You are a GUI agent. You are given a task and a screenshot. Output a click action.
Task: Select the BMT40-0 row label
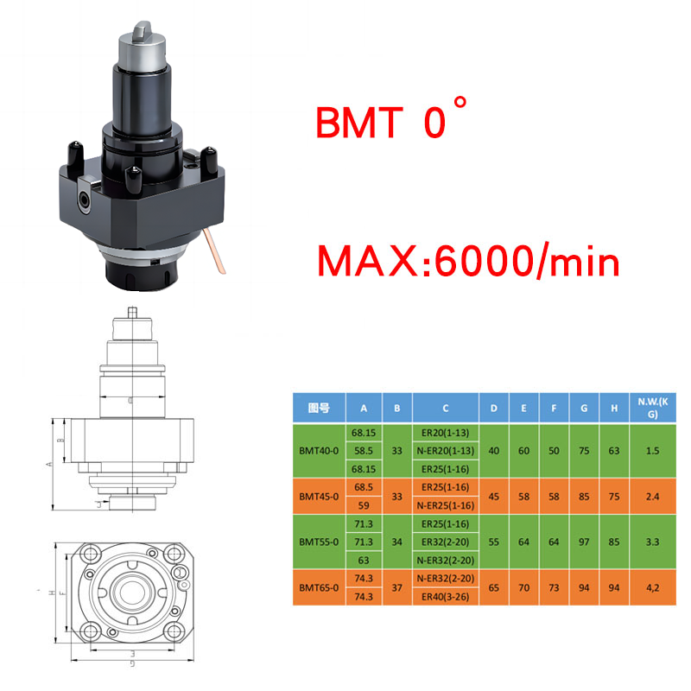319,450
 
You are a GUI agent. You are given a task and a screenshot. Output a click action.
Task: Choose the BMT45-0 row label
319,497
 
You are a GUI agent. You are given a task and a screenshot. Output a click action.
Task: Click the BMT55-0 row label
319,542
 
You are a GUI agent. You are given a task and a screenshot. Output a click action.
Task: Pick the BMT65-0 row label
319,587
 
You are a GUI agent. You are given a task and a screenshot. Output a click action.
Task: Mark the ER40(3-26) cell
445,596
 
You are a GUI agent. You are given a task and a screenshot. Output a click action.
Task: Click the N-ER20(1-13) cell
445,450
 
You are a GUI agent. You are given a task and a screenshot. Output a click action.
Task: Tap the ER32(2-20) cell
445,542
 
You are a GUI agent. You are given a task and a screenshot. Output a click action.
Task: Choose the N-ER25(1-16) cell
445,504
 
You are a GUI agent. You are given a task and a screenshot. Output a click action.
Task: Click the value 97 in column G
584,542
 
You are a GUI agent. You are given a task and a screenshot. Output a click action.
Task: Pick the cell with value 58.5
363,450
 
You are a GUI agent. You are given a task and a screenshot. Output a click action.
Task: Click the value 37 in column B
396,587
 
